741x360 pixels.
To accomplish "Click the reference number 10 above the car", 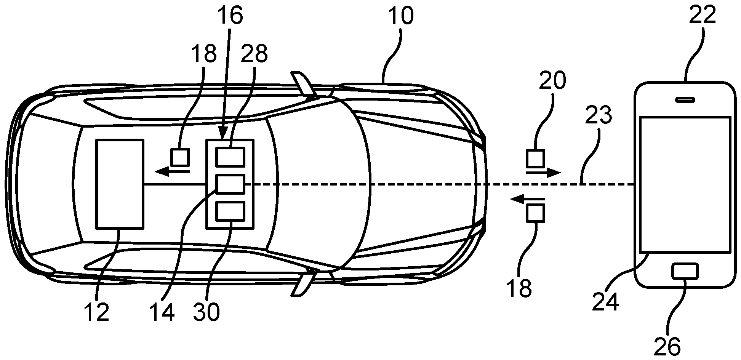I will click(400, 16).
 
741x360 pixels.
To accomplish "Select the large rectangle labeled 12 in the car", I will click(120, 184).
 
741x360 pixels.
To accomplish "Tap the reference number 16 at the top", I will click(230, 16).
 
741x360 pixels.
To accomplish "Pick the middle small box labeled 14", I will click(230, 184).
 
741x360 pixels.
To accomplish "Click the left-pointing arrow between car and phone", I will click(527, 198).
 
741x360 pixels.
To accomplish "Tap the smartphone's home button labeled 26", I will click(685, 271).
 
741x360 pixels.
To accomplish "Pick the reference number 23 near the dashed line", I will click(599, 116).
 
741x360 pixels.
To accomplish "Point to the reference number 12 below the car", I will click(98, 312).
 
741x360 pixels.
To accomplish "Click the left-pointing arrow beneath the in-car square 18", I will click(173, 172).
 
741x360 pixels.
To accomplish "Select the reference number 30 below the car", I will click(206, 312).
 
